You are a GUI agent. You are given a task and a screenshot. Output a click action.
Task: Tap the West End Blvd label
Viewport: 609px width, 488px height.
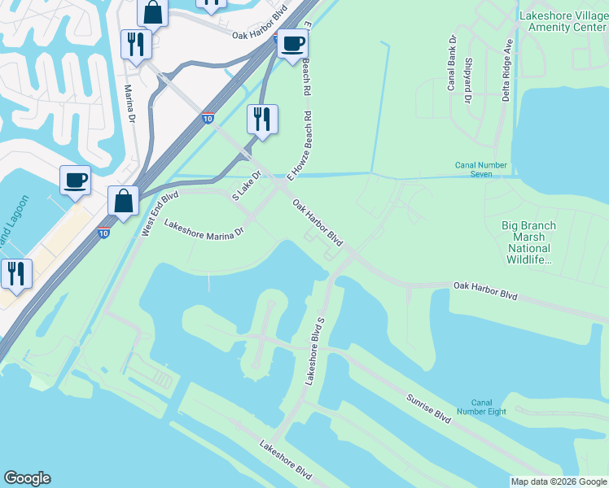pos(160,214)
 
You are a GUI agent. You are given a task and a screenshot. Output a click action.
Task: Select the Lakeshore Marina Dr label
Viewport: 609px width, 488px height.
pos(204,229)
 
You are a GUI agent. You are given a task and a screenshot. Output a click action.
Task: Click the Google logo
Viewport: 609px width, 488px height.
pos(27,478)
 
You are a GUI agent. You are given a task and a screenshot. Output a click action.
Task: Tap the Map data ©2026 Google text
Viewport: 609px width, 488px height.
pos(558,481)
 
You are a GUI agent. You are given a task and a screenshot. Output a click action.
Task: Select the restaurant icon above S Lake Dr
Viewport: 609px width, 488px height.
pos(262,120)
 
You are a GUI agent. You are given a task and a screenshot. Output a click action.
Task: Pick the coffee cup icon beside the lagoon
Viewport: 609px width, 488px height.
pos(75,180)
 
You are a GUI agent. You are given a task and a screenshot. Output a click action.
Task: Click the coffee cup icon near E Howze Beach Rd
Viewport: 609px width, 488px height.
pos(292,44)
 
